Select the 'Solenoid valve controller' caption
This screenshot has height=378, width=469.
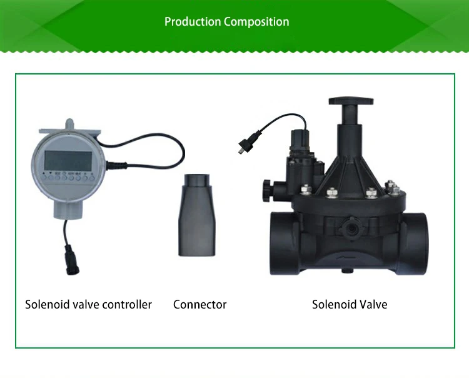point(88,305)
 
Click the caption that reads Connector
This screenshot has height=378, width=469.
point(199,305)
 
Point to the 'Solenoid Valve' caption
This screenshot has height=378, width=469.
point(350,305)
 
